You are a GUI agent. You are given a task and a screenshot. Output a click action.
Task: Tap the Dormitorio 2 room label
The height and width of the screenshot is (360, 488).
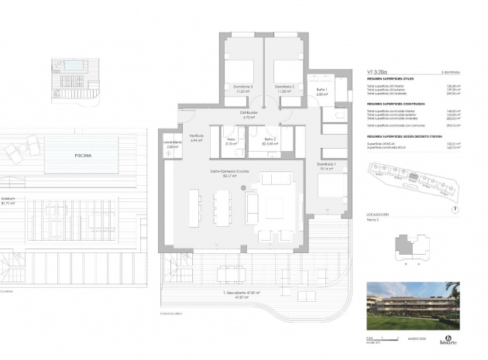pos(284,87)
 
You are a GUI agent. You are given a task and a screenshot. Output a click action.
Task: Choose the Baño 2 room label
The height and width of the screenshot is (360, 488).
pos(270,142)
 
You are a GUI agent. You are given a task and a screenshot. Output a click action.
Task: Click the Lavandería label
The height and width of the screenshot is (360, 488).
pos(173,143)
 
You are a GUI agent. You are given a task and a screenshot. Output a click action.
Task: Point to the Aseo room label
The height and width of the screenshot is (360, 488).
pos(231,142)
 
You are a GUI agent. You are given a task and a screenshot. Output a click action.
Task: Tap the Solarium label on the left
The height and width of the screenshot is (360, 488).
pos(8,199)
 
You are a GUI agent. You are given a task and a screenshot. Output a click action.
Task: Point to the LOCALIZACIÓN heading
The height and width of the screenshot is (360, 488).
pos(379,213)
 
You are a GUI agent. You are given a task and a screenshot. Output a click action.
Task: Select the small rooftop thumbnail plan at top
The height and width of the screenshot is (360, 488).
pos(73,74)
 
